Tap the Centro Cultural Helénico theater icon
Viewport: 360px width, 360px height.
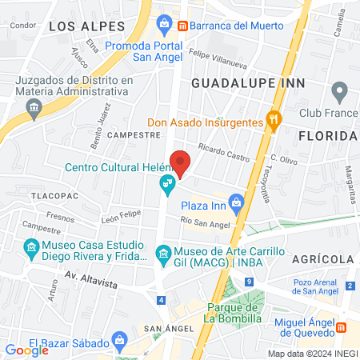(167, 186)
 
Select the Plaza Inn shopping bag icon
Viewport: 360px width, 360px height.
(235, 202)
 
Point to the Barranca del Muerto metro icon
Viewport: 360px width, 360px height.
(182, 25)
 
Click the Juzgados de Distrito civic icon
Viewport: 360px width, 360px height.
(33, 111)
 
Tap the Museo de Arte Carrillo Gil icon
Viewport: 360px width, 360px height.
(163, 256)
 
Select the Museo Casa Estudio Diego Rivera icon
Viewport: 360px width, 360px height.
(31, 248)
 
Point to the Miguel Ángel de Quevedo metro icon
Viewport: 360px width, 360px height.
(341, 327)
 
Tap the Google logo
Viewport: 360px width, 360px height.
(27, 350)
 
